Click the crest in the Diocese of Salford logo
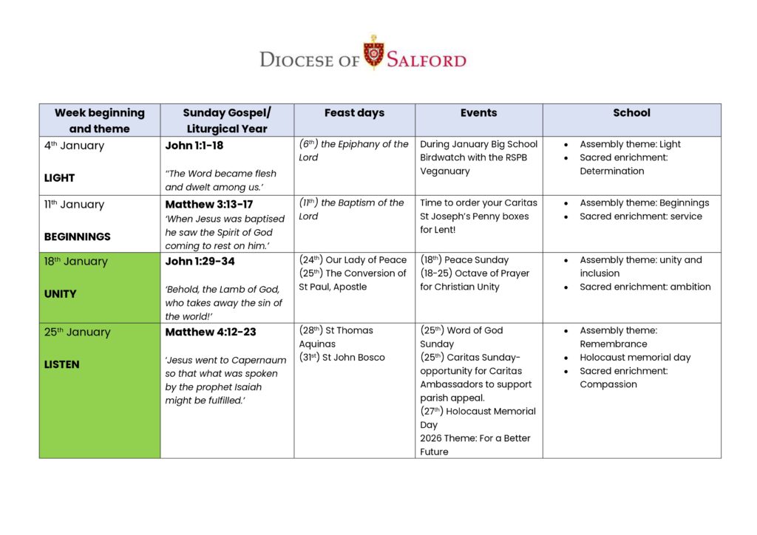(373, 53)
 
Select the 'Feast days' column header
(354, 113)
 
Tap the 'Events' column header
(478, 113)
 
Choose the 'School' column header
(631, 113)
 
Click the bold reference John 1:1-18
(194, 146)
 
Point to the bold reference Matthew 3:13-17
(209, 205)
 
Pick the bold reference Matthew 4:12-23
(211, 332)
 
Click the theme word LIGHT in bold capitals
(59, 178)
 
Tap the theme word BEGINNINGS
(77, 237)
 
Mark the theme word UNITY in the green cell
(60, 293)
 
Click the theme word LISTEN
(61, 364)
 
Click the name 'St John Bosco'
(353, 358)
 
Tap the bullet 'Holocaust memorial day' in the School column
(635, 358)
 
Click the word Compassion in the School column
(608, 384)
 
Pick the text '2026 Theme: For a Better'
(475, 438)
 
